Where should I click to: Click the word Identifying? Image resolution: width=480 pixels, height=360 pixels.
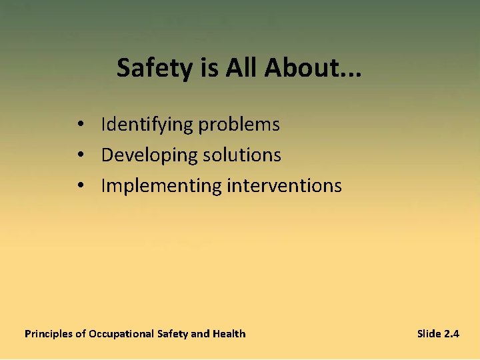(x=148, y=125)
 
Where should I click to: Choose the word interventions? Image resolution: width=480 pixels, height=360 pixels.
(x=284, y=185)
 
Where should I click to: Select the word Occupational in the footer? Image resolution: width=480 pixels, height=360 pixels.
(x=121, y=334)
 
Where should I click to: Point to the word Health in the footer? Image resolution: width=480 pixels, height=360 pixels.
(x=229, y=333)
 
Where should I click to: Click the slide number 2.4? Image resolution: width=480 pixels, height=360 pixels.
(x=451, y=333)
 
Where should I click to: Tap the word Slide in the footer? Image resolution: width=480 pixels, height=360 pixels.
(x=429, y=333)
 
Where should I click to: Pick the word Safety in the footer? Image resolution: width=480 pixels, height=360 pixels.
(x=173, y=334)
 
